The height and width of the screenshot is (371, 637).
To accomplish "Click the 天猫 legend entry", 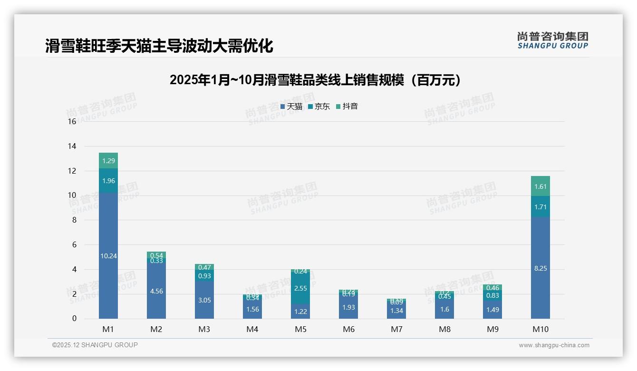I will pyautogui.click(x=291, y=107).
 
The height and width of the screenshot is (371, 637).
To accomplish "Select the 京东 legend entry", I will pyautogui.click(x=319, y=107).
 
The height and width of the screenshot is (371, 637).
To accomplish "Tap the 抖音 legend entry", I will pyautogui.click(x=347, y=107).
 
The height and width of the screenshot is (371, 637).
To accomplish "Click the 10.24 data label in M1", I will pyautogui.click(x=108, y=256).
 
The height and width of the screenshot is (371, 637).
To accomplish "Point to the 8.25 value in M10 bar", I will pyautogui.click(x=540, y=268).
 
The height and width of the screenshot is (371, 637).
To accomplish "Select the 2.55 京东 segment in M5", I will pyautogui.click(x=300, y=288).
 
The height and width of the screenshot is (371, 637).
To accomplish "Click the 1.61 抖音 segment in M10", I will pyautogui.click(x=540, y=186).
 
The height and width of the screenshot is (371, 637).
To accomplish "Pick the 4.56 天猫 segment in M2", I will pyautogui.click(x=156, y=291).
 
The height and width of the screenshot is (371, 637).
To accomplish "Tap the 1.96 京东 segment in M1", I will pyautogui.click(x=108, y=181).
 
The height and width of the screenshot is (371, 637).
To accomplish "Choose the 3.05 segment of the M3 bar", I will pyautogui.click(x=204, y=300).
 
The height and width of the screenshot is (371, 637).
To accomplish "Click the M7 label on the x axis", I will pyautogui.click(x=396, y=329).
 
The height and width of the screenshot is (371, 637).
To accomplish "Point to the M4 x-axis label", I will pyautogui.click(x=252, y=329).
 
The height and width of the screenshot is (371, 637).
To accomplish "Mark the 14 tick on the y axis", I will pyautogui.click(x=72, y=146).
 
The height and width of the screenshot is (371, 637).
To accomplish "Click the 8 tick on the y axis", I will pyautogui.click(x=74, y=220).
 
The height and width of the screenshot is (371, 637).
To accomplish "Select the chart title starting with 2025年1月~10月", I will pyautogui.click(x=316, y=80).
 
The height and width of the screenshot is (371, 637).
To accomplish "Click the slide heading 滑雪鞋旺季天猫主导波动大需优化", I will pyautogui.click(x=159, y=46).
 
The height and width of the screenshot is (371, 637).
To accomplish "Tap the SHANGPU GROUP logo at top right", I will pyautogui.click(x=552, y=40).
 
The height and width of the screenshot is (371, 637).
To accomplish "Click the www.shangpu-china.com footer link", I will pyautogui.click(x=554, y=345).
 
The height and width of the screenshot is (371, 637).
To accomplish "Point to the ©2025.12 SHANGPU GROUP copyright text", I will pyautogui.click(x=95, y=345).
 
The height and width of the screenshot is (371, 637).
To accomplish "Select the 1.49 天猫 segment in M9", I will pyautogui.click(x=492, y=310).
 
